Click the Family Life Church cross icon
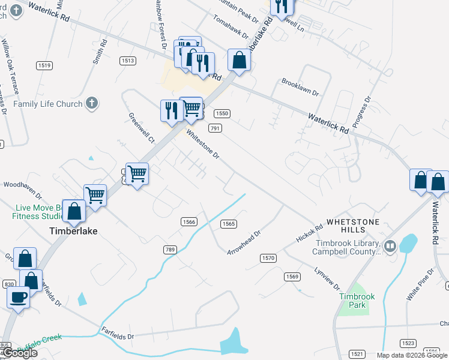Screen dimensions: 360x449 click(x=92, y=103)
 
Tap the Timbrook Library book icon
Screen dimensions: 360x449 click(x=390, y=246)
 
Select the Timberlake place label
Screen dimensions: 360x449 click(x=73, y=230)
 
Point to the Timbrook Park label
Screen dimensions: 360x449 click(x=352, y=301)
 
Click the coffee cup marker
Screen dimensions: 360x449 click(x=19, y=296)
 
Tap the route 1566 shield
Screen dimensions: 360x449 click(x=189, y=222)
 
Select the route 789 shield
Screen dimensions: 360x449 click(x=169, y=249)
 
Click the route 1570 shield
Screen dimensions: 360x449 click(x=268, y=258)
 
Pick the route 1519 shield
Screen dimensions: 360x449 click(x=44, y=65)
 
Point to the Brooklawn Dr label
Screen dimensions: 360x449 click(x=300, y=88)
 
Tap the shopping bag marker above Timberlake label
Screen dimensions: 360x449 click(x=74, y=211)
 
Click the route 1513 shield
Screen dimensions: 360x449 click(x=127, y=61)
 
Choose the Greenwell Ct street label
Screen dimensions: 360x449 click(x=141, y=127)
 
